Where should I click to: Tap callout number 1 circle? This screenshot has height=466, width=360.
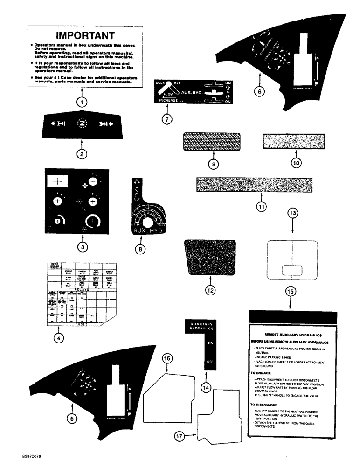coord(82,101)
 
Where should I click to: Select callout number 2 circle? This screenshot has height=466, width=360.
coord(82,153)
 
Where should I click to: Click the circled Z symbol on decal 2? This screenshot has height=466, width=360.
coord(82,124)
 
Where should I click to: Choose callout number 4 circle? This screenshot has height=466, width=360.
coord(57,339)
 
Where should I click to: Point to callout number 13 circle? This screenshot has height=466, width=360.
coord(292,212)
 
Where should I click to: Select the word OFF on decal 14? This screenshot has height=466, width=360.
coord(209,362)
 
